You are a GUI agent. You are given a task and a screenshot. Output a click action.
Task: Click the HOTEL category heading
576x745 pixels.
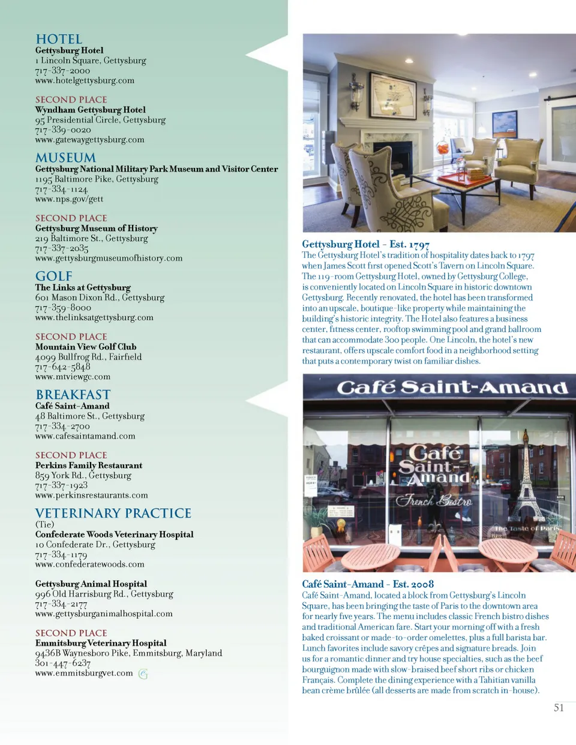pos(59,40)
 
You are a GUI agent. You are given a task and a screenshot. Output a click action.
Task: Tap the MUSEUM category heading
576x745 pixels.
pos(65,158)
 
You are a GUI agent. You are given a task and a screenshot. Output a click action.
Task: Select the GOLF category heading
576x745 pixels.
pos(53,277)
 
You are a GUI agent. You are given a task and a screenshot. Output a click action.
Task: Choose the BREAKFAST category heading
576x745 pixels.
pos(73,395)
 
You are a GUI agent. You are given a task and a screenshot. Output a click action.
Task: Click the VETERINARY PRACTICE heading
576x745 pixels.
pos(113,513)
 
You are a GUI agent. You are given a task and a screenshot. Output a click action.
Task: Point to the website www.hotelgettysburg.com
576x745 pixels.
pos(85,80)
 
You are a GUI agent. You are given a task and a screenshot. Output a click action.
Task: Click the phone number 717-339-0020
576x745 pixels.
pos(63,130)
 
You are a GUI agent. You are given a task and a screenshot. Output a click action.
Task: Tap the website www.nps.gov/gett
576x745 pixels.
pos(69,199)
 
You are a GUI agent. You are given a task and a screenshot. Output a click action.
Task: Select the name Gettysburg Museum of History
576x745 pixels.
pos(96,229)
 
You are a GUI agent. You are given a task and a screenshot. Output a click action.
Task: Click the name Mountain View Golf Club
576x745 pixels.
pos(86,347)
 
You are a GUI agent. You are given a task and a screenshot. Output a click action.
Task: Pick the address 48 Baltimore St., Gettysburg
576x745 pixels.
pos(89,416)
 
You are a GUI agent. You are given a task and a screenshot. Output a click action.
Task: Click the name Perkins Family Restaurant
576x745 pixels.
pos(89,465)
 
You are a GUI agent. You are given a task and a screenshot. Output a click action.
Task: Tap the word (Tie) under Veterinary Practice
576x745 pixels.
pos(44,524)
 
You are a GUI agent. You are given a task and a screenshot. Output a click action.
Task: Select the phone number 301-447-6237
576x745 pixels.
pos(63,663)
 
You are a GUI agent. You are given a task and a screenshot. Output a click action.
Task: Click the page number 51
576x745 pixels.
pos(559,708)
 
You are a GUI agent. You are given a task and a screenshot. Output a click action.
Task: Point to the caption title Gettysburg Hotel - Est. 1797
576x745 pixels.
pos(365,244)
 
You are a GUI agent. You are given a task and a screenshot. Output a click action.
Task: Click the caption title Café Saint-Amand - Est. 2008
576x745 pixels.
pos(368,584)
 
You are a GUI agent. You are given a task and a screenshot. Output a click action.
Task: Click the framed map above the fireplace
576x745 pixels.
pos(393,95)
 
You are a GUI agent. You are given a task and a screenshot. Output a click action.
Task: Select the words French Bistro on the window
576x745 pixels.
pos(433,500)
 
